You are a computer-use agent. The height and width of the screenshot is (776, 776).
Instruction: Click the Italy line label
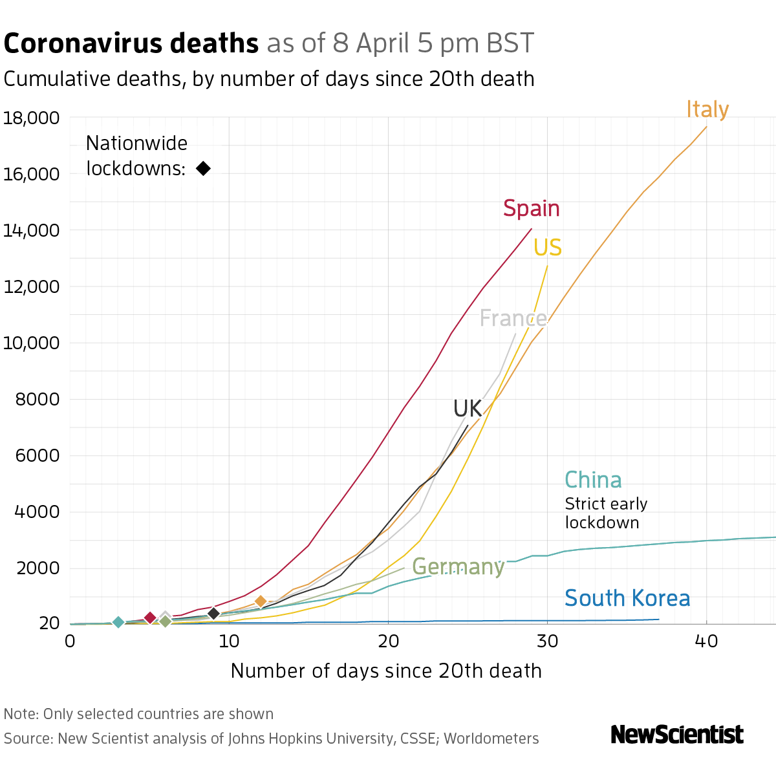point(707,109)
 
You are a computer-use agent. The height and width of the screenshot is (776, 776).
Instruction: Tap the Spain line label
point(531,209)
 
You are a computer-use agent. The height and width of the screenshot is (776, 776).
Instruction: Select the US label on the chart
point(548,248)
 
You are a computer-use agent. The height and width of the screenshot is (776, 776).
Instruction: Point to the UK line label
point(468,409)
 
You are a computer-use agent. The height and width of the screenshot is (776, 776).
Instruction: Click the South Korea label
point(627,598)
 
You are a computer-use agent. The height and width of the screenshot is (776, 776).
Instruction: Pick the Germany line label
point(458,566)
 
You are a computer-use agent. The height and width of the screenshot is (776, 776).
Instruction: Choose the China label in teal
point(593,480)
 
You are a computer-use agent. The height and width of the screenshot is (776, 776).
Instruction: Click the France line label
point(513,319)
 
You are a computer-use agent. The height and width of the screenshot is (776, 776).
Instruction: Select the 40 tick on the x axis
point(706,641)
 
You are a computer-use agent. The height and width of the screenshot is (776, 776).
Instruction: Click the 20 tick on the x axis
point(388,641)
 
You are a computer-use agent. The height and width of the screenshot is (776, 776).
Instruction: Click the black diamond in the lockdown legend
point(203,168)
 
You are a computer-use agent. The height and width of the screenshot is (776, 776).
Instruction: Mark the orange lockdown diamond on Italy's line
point(261,601)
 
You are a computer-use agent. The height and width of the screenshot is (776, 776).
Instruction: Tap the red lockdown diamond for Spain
point(150,618)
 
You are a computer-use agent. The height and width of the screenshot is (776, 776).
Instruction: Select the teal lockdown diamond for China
point(118,622)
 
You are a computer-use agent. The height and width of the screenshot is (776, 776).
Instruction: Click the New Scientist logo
point(677,735)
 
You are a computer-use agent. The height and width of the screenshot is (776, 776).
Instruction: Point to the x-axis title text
point(386,671)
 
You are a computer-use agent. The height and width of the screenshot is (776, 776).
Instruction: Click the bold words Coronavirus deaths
point(131,43)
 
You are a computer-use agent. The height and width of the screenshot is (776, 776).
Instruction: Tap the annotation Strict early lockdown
point(605,513)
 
